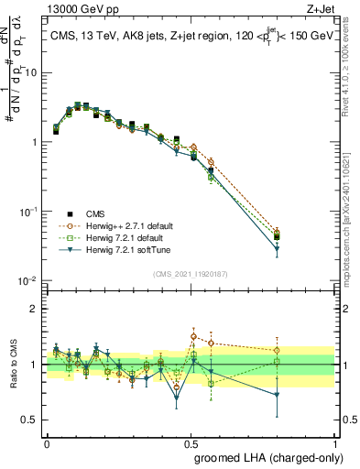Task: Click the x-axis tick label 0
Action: (47, 442)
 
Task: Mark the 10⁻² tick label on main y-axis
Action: (29, 281)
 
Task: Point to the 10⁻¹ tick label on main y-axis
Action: (29, 212)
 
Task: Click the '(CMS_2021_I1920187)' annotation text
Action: (190, 273)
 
